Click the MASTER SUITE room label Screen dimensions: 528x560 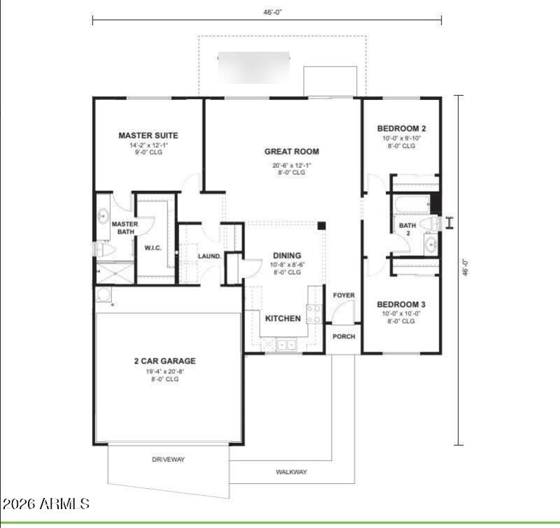coord(148,136)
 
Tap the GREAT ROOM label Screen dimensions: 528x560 coord(291,151)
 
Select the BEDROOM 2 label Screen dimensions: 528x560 coord(401,129)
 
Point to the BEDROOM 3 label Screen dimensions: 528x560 coord(401,305)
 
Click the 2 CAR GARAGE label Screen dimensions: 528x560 coord(165,362)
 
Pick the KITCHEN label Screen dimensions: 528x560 coord(283,318)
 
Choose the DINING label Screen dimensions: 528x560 coord(287,256)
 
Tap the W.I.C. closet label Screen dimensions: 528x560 coord(154,248)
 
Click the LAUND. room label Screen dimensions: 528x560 coord(209,257)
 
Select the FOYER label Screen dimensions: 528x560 coord(344,296)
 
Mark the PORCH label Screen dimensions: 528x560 coord(344,336)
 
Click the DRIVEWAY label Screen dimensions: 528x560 coord(169,459)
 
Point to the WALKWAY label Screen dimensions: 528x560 coord(290,472)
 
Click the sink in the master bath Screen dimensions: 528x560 coord(104,213)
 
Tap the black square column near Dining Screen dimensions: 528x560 coord(321,226)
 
